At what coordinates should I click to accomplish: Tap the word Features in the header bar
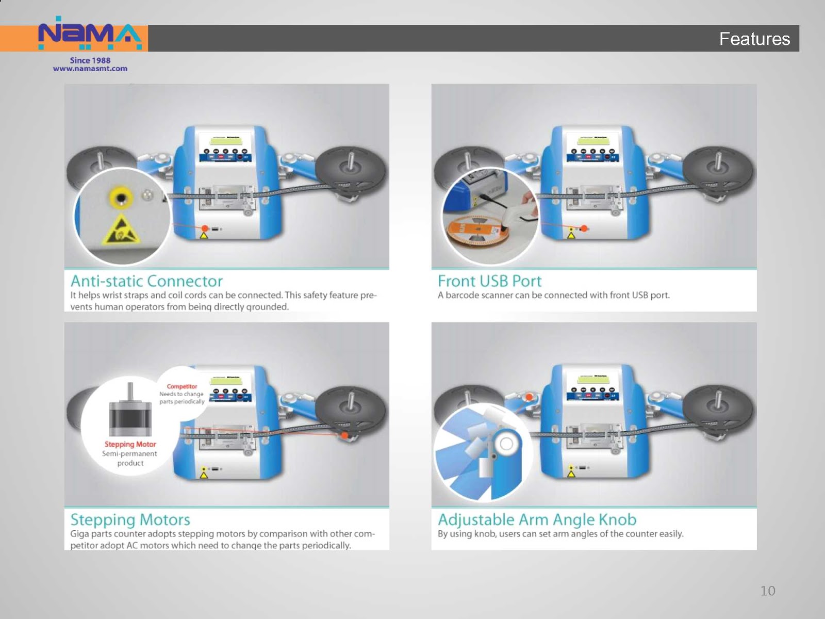pos(754,39)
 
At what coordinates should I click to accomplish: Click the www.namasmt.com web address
pos(90,69)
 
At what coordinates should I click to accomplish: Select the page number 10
pos(767,591)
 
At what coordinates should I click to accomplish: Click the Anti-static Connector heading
pos(146,281)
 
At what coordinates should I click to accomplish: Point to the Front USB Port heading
pos(489,281)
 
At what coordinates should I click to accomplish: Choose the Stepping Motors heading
pos(130,519)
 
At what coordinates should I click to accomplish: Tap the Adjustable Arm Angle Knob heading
pos(537,519)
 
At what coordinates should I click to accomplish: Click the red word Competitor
pos(181,386)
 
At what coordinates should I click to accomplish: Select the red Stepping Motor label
pos(130,444)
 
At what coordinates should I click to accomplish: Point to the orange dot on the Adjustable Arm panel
pos(529,397)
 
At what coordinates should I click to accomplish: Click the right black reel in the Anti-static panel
pos(351,170)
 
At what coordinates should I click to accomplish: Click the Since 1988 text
pos(90,60)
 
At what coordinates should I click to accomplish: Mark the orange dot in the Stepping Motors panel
pos(344,436)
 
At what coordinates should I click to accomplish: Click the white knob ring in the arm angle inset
pos(506,444)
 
